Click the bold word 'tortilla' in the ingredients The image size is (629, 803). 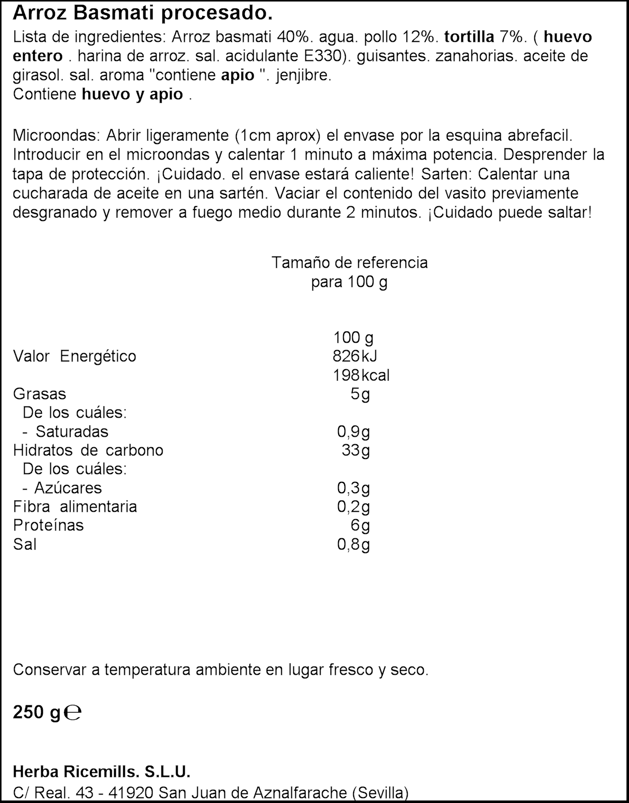468,37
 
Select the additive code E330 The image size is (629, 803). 313,56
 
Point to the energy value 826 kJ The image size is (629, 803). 354,356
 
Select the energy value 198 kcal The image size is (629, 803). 361,375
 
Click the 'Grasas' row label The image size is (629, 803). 39,394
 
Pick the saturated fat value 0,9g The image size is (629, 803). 353,432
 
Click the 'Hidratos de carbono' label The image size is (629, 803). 88,450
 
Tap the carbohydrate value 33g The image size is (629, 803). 355,450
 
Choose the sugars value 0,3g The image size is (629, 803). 353,488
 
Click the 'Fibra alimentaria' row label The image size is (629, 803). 75,507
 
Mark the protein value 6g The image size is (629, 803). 360,526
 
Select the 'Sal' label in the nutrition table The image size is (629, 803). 25,544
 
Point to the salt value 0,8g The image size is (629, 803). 353,544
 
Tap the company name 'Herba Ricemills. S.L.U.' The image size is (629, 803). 101,772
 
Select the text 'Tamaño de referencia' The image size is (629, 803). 349,263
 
